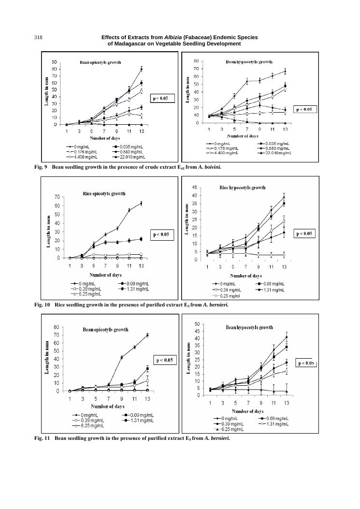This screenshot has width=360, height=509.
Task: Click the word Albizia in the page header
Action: point(176,37)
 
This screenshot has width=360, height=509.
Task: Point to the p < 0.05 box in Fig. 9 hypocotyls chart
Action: point(304,109)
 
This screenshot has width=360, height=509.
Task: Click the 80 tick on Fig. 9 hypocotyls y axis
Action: point(196,61)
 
